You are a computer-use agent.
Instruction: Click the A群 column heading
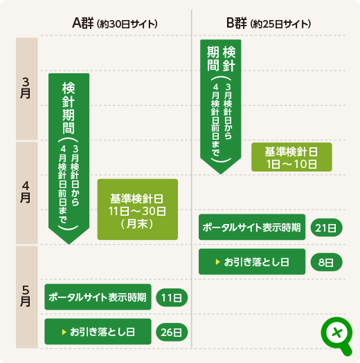click(x=115, y=24)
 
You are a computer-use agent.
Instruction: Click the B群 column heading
click(x=269, y=24)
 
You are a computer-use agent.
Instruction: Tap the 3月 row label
click(x=26, y=89)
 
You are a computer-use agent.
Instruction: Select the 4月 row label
click(x=26, y=192)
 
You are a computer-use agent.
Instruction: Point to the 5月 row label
click(x=26, y=296)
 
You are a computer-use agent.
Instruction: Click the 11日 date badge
click(x=172, y=297)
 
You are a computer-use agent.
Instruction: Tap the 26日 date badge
click(x=172, y=332)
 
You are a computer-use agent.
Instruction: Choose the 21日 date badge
click(x=326, y=227)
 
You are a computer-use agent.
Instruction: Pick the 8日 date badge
click(x=326, y=262)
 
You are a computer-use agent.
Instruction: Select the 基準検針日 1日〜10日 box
click(x=291, y=157)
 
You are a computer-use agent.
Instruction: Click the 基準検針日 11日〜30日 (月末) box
click(x=138, y=210)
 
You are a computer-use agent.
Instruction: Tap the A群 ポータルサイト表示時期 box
click(x=98, y=297)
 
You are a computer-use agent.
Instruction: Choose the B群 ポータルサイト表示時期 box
click(x=252, y=227)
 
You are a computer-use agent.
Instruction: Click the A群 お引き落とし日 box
click(x=98, y=331)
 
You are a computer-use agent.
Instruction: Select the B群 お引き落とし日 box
click(x=252, y=261)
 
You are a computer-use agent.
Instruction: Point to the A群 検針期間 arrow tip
click(x=69, y=244)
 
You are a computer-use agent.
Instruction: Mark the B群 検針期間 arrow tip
click(x=221, y=174)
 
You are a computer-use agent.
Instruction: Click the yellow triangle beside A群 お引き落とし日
click(x=64, y=332)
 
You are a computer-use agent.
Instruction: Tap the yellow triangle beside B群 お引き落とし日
click(x=217, y=262)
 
